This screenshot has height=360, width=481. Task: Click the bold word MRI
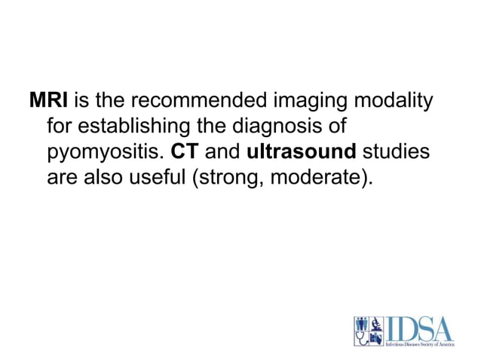pyautogui.click(x=48, y=100)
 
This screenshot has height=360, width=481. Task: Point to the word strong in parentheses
pyautogui.click(x=232, y=178)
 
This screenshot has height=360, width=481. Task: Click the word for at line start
pyautogui.click(x=59, y=126)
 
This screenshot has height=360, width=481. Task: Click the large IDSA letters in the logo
pyautogui.click(x=420, y=328)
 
